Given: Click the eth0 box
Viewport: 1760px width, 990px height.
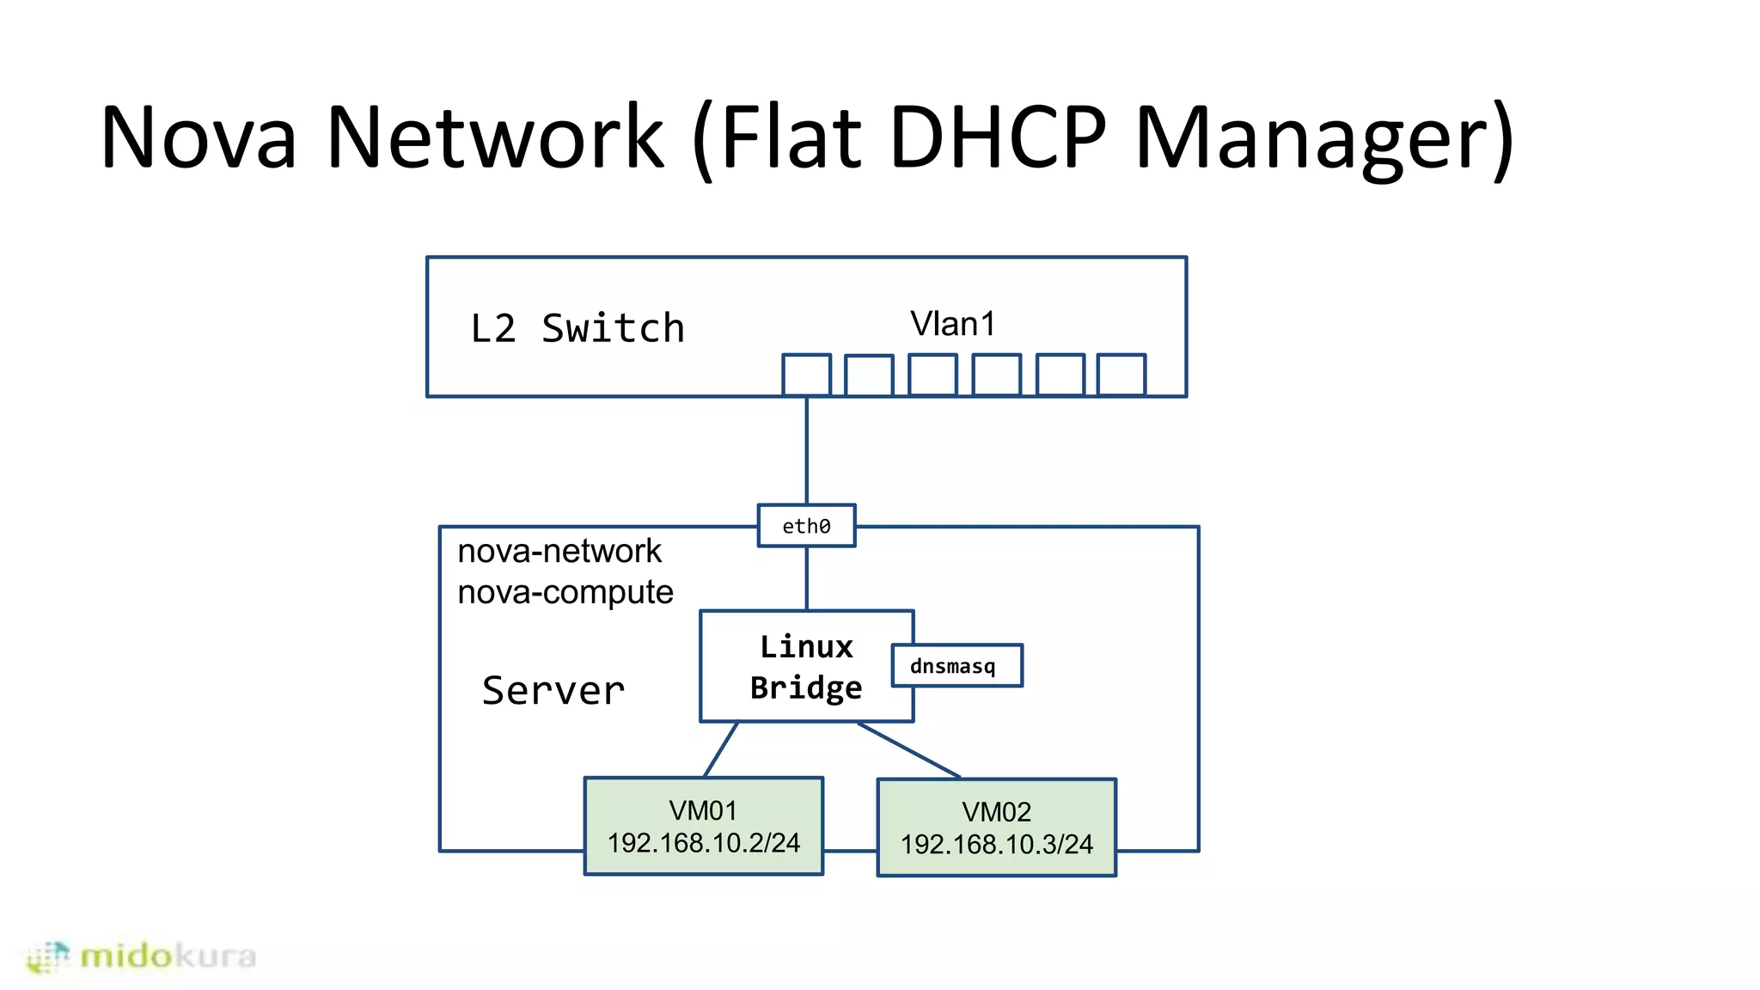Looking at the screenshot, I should point(806,526).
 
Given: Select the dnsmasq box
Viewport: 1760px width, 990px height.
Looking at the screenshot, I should point(956,666).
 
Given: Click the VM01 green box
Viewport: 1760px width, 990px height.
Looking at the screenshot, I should point(703,826).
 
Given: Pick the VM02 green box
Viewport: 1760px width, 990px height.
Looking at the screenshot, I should point(996,828).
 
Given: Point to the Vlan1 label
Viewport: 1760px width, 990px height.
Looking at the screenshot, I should point(952,324).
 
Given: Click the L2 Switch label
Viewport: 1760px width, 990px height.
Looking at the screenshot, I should point(577,329).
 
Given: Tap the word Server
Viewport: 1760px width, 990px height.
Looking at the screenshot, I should point(553,691).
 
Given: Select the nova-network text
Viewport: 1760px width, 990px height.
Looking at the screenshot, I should point(559,551).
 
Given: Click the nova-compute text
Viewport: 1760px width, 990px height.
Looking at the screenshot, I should point(565,592).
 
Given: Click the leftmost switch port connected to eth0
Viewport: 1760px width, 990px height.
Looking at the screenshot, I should point(806,375).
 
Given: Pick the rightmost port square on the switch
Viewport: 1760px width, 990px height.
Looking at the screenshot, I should point(1121,375).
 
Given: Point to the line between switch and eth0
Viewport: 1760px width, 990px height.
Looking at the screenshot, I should point(806,450).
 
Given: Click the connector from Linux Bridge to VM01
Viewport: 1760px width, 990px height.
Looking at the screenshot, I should point(720,749).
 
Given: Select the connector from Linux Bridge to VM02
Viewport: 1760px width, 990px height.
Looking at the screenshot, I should point(908,749).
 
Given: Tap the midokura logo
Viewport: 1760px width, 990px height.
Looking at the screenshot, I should point(142,956).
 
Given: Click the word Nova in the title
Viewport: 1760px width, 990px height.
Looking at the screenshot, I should point(199,137).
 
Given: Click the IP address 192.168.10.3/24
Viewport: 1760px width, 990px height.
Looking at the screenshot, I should point(996,845).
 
